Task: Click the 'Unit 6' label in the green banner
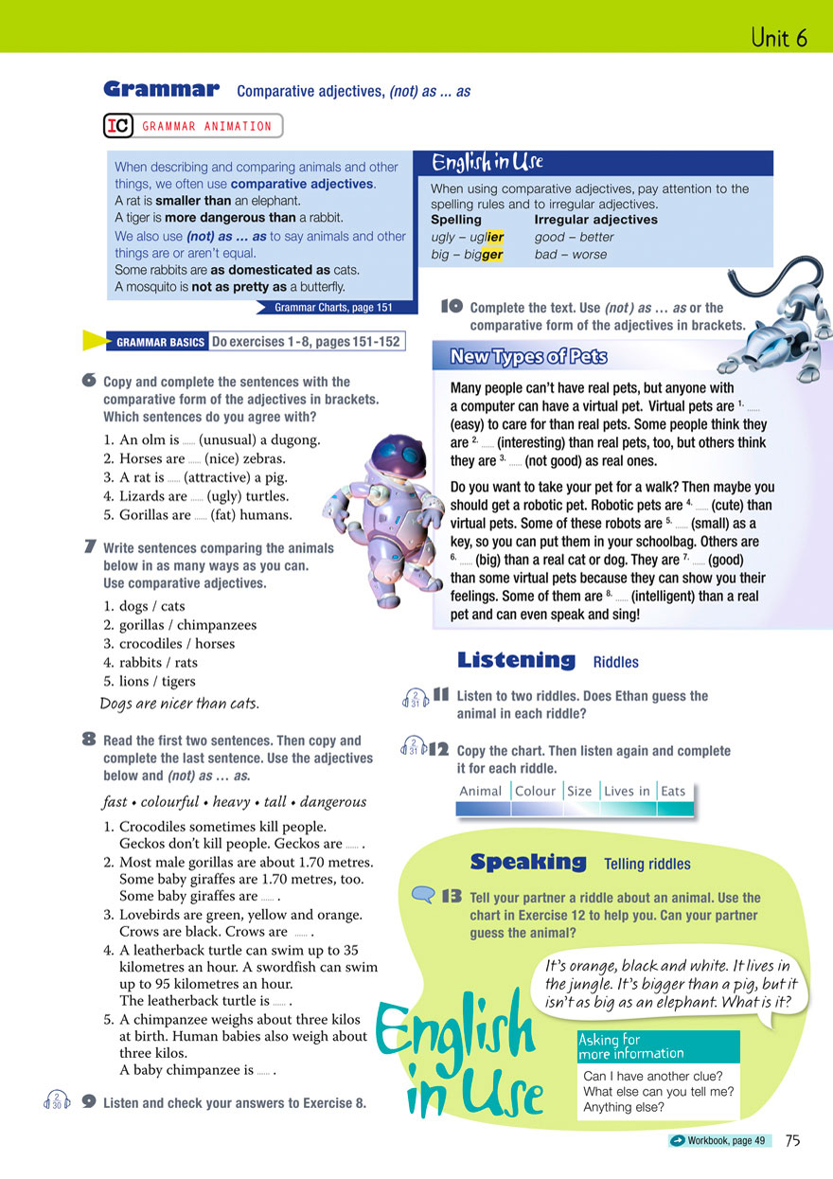point(778,38)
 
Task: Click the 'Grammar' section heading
point(161,90)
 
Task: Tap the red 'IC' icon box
point(116,126)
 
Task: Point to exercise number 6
point(89,381)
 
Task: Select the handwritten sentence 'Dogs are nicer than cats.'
point(180,704)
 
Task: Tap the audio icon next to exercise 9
point(58,1100)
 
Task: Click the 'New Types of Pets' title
point(528,357)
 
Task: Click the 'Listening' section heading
point(516,660)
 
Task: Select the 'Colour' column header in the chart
point(535,791)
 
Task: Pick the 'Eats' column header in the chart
point(673,791)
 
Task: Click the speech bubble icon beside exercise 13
point(422,895)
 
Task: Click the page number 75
point(792,1141)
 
